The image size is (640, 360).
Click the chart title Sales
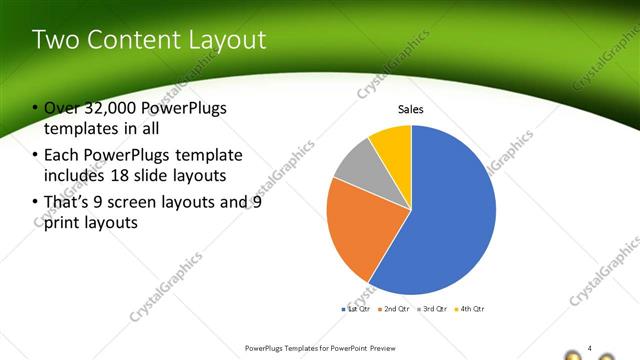point(411,109)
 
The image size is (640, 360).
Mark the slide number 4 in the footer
point(590,347)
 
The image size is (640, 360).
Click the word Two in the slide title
point(52,40)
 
